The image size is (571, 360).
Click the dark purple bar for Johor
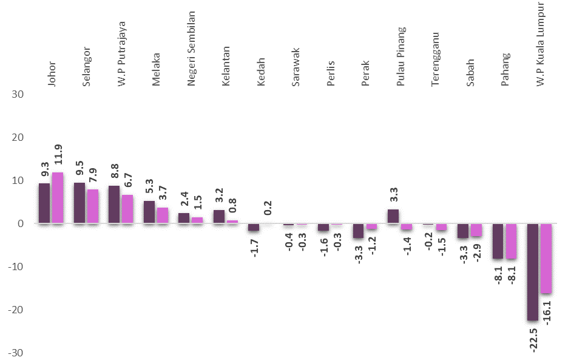(44, 203)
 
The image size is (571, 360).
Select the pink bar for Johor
(58, 198)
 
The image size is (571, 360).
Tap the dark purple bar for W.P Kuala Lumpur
(533, 272)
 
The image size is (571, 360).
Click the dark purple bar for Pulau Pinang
(393, 217)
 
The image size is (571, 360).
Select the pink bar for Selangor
(92, 206)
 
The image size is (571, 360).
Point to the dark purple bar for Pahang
(498, 241)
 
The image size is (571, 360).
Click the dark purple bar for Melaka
(149, 212)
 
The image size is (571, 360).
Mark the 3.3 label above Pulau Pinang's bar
(393, 195)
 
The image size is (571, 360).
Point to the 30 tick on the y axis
(18, 95)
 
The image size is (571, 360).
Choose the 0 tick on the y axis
(21, 224)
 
